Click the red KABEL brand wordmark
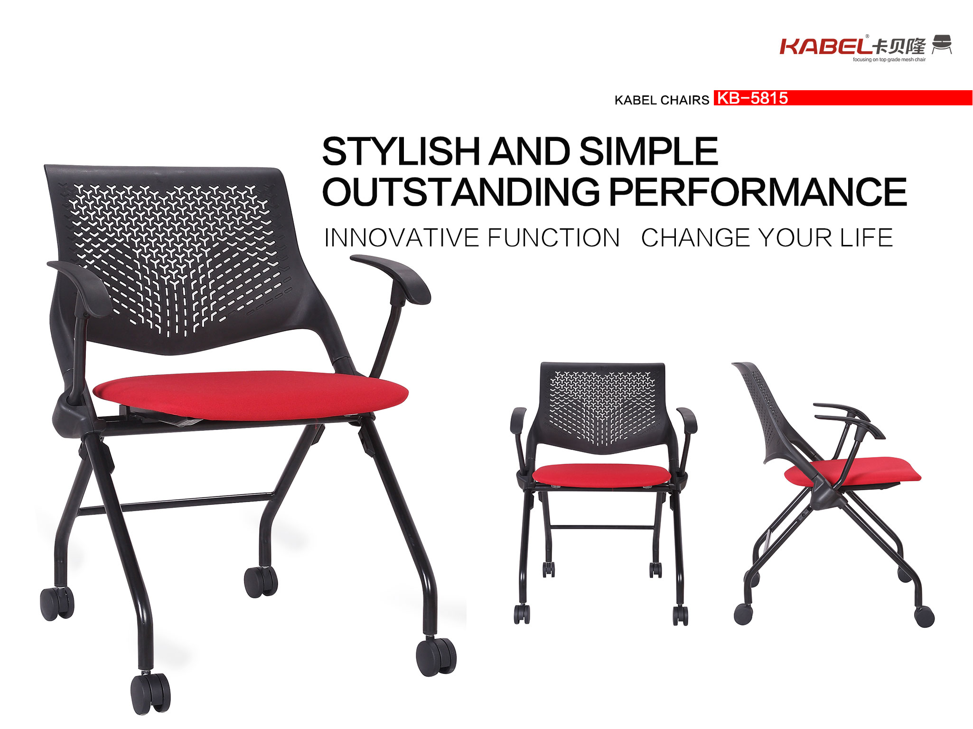click(826, 47)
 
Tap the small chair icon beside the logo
click(942, 44)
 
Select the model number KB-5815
click(752, 98)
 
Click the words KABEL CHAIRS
click(662, 100)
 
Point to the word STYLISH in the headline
click(402, 151)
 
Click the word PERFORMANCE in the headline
click(758, 192)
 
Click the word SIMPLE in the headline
click(648, 151)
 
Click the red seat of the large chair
click(251, 395)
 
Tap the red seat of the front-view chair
click(601, 475)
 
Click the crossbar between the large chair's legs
click(176, 504)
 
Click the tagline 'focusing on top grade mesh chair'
click(889, 60)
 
